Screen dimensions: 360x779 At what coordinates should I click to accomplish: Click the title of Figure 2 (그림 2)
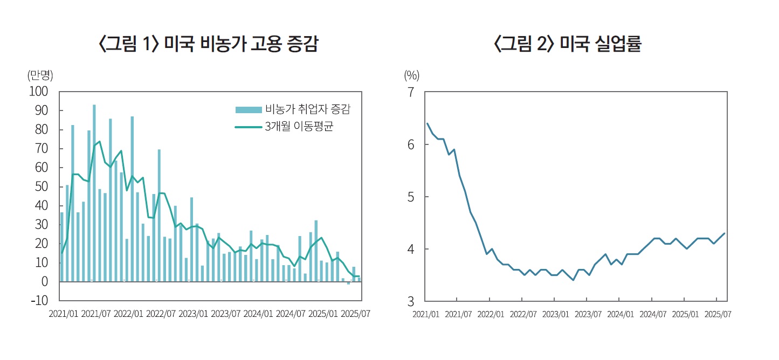[567, 45]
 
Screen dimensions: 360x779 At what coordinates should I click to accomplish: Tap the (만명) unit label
[40, 75]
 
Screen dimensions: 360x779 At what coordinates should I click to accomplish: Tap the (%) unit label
[411, 75]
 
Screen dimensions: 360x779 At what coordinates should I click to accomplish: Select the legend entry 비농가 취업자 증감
[307, 110]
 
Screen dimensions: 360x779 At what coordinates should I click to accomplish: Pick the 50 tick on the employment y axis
[42, 187]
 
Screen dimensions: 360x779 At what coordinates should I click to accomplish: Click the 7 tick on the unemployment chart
[411, 92]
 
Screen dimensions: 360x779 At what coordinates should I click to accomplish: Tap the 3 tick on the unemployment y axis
[411, 301]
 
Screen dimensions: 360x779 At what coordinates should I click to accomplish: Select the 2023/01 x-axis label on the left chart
[194, 314]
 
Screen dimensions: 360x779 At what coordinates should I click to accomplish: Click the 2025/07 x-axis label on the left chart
[355, 314]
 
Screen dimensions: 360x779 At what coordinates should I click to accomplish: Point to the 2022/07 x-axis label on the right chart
[522, 314]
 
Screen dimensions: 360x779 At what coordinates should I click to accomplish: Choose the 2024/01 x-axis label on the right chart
[620, 314]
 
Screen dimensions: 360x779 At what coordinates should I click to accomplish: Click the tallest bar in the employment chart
[94, 193]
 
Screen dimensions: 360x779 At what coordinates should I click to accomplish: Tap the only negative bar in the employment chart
[348, 283]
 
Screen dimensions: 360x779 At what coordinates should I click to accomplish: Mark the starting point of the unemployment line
[427, 123]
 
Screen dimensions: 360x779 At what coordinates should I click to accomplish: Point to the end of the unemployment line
[725, 233]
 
